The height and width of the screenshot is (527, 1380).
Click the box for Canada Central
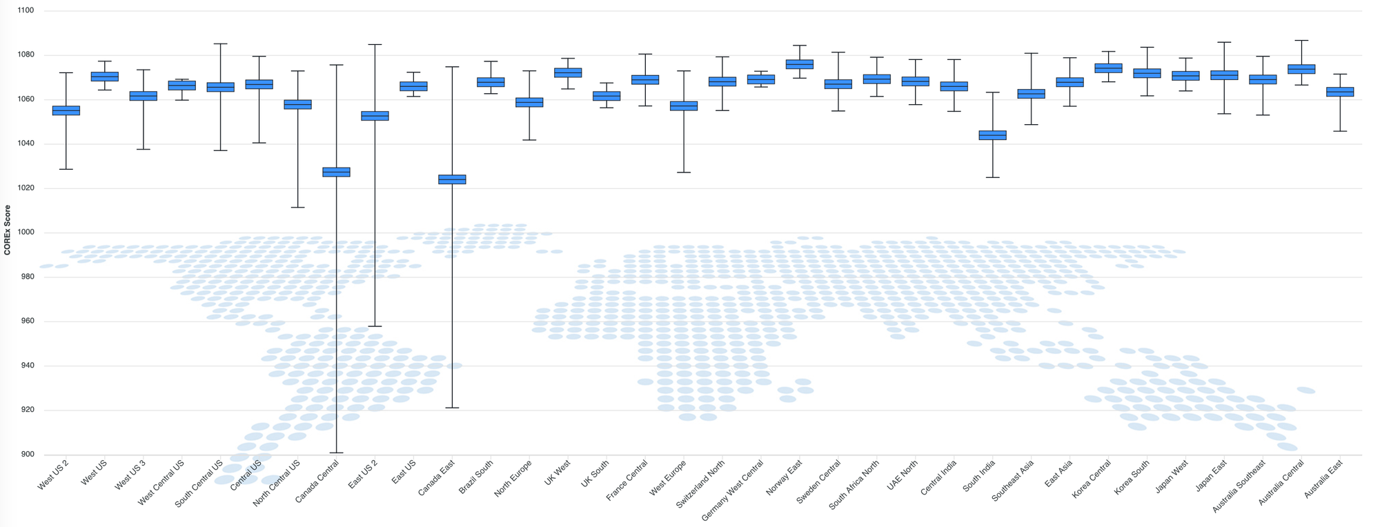click(336, 172)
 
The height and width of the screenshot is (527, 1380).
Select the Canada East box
click(452, 179)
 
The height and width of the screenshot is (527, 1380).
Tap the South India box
click(992, 135)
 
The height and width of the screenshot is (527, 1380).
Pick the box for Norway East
click(800, 64)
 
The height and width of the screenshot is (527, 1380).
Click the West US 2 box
click(66, 110)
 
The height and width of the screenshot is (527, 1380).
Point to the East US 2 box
click(375, 116)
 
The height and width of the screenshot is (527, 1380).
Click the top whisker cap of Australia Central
click(1301, 41)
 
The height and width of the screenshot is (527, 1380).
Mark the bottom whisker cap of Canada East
click(452, 408)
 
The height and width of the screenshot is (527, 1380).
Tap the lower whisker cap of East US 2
click(375, 326)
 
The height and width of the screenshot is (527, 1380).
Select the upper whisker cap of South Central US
click(220, 44)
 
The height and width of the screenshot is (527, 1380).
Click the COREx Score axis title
click(8, 230)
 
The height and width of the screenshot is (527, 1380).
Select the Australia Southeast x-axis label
click(1239, 487)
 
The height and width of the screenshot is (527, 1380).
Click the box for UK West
click(568, 73)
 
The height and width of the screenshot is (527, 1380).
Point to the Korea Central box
click(1108, 68)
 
